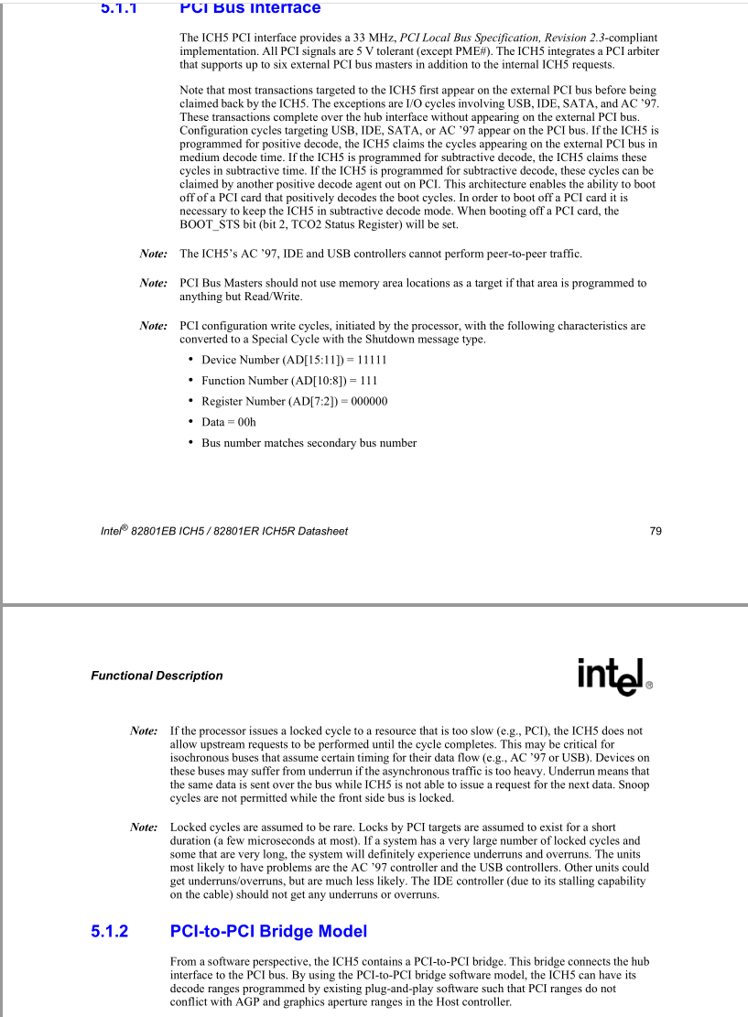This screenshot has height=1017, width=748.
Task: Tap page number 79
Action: [656, 531]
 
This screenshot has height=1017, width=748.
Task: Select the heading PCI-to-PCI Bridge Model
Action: [268, 931]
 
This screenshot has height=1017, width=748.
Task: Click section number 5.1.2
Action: [109, 931]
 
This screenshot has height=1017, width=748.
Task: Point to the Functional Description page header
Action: [157, 676]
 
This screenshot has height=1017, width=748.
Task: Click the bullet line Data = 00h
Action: [229, 422]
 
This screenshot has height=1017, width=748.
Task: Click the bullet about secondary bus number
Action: [309, 443]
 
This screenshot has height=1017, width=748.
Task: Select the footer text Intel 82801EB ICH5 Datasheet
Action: [223, 531]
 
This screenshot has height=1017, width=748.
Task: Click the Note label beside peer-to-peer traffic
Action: [153, 254]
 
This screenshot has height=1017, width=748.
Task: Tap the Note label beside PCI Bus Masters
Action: [153, 283]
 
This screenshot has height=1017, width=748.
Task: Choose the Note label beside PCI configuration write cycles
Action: [153, 325]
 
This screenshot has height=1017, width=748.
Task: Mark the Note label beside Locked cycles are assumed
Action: [144, 828]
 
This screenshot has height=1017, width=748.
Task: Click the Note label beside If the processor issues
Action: [144, 731]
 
